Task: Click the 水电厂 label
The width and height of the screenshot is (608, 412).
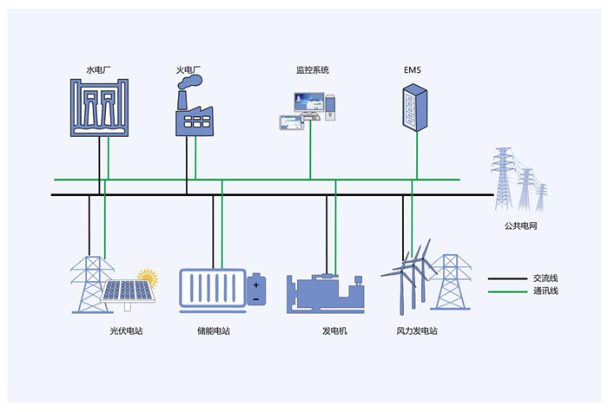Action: (98, 70)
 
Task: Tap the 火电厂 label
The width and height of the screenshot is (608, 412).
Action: (188, 70)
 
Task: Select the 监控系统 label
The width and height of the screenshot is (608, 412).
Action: (313, 70)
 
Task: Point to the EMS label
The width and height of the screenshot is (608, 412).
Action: (413, 70)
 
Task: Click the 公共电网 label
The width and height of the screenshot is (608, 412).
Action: (520, 226)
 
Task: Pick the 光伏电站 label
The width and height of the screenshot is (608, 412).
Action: (127, 331)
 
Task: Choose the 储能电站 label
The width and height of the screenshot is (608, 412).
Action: (214, 331)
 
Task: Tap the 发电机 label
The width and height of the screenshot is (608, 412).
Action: (334, 331)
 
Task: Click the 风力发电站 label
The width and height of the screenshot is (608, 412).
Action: (417, 331)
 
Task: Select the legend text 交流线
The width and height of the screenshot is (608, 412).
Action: (545, 278)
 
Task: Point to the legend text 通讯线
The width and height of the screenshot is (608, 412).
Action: (545, 291)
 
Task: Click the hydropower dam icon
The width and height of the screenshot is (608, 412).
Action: (99, 108)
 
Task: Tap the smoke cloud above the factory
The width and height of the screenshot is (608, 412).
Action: (190, 82)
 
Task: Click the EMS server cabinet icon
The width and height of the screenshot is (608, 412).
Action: (415, 108)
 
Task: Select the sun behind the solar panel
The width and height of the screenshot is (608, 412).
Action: (148, 277)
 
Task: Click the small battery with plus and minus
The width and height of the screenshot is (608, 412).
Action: (256, 289)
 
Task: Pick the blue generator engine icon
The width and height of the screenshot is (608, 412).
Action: (326, 293)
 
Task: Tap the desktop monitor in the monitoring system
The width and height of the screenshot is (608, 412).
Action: (309, 103)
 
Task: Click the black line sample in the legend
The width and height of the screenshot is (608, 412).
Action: (507, 278)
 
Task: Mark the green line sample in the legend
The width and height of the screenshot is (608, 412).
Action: (507, 291)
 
